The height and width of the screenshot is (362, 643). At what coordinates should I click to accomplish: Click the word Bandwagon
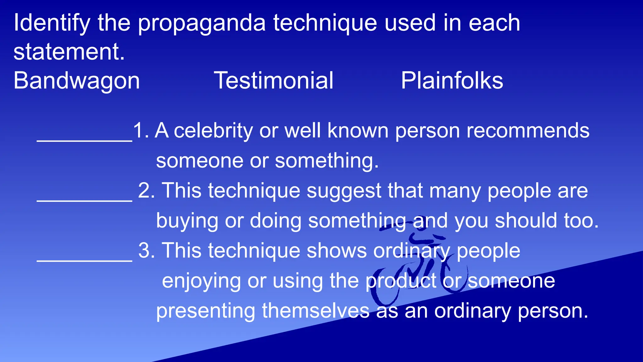(77, 81)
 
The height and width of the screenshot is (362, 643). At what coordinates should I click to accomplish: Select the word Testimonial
(273, 81)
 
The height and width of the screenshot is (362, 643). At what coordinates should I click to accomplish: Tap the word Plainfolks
(452, 81)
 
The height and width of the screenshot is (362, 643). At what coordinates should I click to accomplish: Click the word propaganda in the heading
(202, 24)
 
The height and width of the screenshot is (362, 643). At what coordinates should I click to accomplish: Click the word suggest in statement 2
(344, 191)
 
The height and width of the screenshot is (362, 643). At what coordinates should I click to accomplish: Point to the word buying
(187, 221)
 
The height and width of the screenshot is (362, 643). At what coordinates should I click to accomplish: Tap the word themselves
(316, 311)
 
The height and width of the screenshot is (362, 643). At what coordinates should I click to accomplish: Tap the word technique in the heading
(325, 24)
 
